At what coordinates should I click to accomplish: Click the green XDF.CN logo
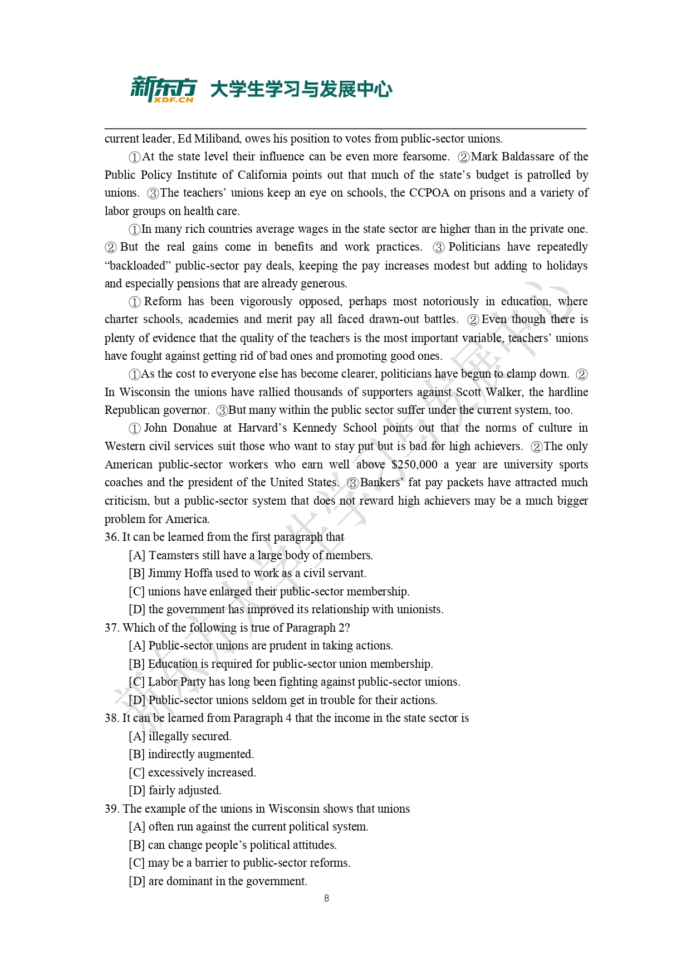163,89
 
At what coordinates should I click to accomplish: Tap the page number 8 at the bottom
326,898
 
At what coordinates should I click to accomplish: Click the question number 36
111,537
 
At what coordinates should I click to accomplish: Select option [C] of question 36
137,592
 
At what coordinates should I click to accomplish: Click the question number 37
111,628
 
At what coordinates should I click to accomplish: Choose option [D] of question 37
137,700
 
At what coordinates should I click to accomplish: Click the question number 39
111,809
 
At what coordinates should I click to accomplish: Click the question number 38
111,718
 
